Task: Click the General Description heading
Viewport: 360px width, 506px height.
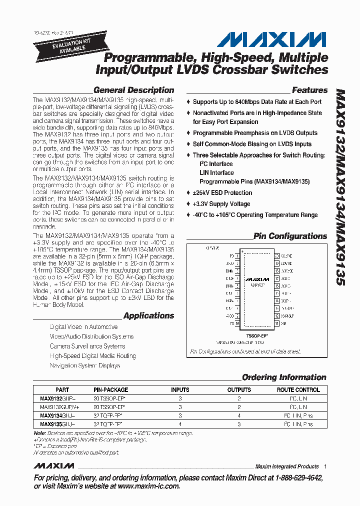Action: point(133,90)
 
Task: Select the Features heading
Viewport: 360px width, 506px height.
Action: point(309,90)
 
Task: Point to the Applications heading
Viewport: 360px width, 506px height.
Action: point(148,315)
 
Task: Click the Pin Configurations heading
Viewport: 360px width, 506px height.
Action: point(290,236)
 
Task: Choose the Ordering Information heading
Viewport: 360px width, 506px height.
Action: point(284,377)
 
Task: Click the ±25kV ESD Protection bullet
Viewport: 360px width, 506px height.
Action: point(222,193)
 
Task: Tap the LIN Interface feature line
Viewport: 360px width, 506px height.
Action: point(216,173)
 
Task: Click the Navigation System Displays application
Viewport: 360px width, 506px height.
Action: point(85,365)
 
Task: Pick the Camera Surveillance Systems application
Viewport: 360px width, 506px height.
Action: point(87,346)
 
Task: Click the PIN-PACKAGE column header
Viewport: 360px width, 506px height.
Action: point(110,389)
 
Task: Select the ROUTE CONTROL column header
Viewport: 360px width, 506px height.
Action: point(298,389)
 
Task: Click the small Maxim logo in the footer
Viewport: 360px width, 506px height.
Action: point(54,466)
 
